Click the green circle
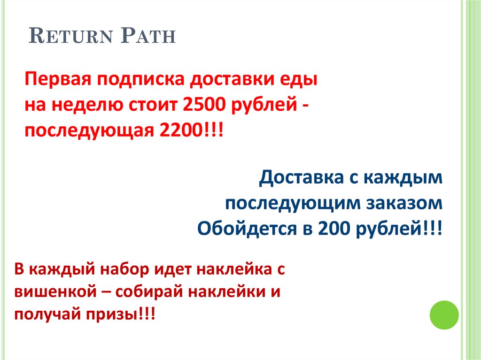coord(444,314)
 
